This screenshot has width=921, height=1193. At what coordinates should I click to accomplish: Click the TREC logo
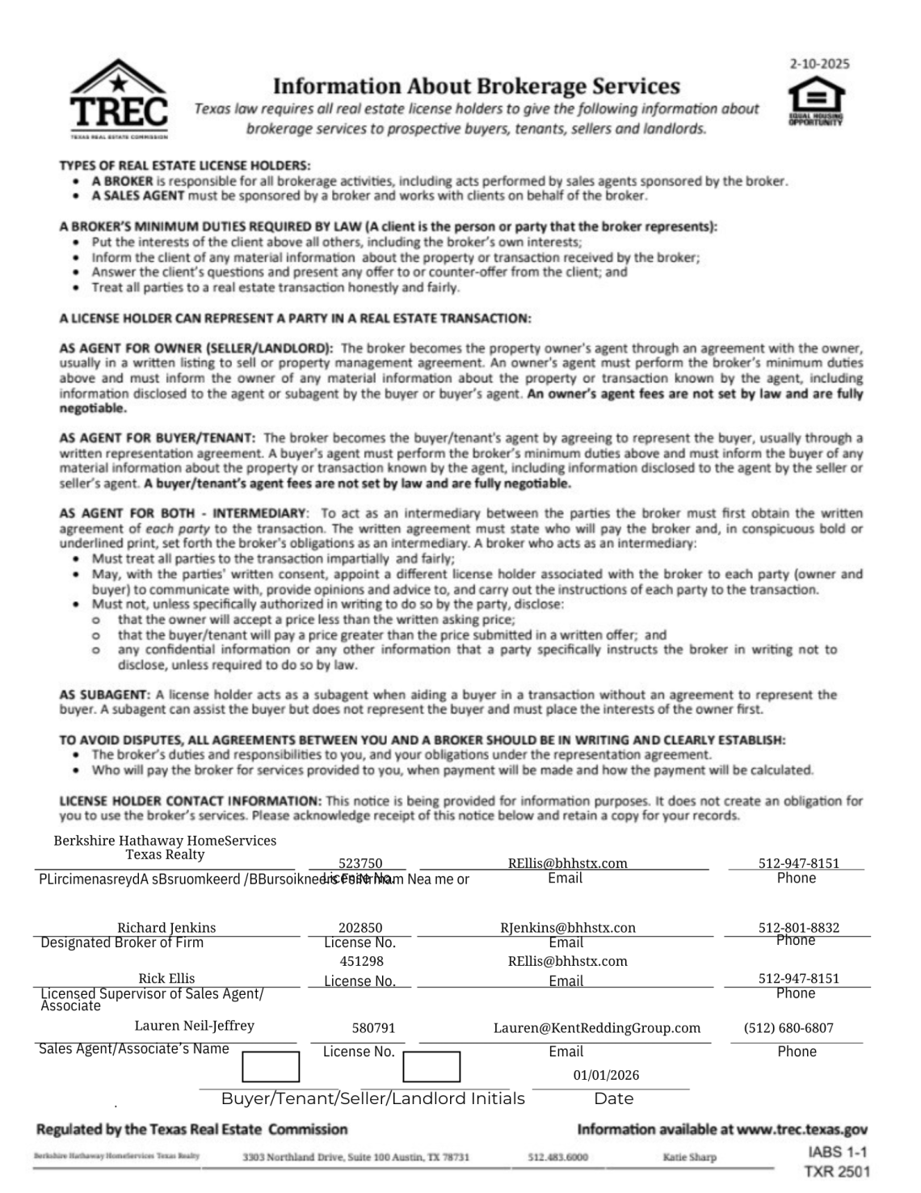pos(119,99)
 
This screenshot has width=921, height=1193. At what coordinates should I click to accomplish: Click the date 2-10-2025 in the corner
pos(819,64)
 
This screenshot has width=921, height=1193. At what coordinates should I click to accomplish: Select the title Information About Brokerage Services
pos(476,86)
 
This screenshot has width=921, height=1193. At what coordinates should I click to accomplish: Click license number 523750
pos(360,863)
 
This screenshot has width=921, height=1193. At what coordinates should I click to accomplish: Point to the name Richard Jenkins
pos(166,927)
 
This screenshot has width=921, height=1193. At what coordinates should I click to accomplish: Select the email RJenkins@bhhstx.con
pos(568,927)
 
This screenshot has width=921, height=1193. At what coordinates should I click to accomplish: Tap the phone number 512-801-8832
pos(798,927)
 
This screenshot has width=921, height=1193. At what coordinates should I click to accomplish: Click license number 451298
pos(361,961)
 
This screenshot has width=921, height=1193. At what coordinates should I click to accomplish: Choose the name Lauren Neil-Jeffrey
pos(194,1026)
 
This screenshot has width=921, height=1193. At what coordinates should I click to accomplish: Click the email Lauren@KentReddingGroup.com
pos(597,1028)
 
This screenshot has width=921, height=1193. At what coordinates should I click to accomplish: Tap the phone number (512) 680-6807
pos(789,1028)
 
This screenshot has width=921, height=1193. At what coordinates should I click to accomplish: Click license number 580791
pos(373,1028)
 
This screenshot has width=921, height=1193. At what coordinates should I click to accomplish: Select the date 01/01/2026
pos(606,1075)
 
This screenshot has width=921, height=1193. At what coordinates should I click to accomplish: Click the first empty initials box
pos(271,1066)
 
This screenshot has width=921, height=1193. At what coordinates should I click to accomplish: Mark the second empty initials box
pos(431,1066)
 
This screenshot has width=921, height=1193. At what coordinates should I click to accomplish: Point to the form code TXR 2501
pos(837,1171)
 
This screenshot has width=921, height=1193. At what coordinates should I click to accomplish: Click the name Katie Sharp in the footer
pos(689,1157)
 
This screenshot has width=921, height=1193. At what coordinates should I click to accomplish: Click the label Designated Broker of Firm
pos(122,942)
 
